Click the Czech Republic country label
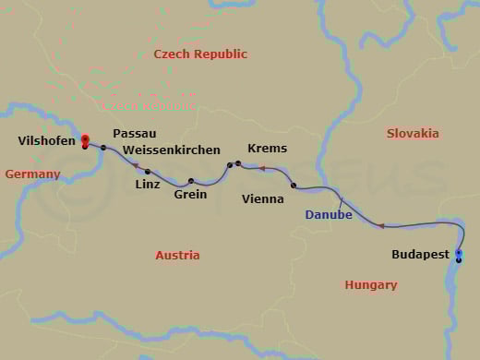(x=200, y=54)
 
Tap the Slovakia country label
(x=413, y=133)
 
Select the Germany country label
(x=32, y=174)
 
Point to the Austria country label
(x=178, y=255)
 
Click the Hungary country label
(x=371, y=285)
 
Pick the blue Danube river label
(x=329, y=215)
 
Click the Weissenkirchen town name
(x=172, y=150)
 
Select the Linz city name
(x=148, y=185)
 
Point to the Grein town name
(x=190, y=195)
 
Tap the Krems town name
(x=267, y=149)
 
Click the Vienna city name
(x=262, y=198)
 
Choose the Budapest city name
(x=420, y=254)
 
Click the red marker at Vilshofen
(x=85, y=139)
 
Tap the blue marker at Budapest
(x=459, y=252)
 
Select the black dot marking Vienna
(x=294, y=186)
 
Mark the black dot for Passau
(x=103, y=148)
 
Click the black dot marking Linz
(x=147, y=172)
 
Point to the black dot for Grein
(x=191, y=181)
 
